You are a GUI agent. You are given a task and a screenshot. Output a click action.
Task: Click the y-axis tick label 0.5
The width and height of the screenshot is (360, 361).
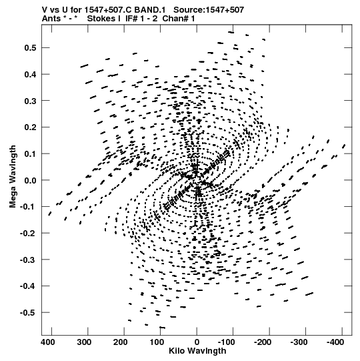(x=30, y=48)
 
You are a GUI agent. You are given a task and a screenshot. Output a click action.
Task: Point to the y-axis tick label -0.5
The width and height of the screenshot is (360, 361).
(x=28, y=313)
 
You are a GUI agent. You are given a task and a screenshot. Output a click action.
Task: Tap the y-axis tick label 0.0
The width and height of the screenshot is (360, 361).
(x=30, y=180)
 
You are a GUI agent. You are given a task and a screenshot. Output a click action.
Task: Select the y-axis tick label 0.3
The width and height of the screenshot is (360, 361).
(x=30, y=101)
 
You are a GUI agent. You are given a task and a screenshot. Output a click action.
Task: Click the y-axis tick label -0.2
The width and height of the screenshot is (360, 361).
(x=28, y=234)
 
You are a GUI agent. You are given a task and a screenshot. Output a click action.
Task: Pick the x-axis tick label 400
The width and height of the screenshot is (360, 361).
(x=48, y=342)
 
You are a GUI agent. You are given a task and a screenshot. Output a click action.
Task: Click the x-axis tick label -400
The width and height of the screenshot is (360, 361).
(x=335, y=342)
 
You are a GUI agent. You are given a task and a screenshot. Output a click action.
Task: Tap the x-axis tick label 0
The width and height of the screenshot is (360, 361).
(x=197, y=342)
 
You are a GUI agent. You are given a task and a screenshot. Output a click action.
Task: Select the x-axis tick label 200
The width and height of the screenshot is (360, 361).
(x=121, y=342)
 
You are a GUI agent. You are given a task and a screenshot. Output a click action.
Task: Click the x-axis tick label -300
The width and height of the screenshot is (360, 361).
(x=299, y=342)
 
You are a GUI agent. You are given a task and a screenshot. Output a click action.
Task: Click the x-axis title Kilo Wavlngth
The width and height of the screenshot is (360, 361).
(x=197, y=351)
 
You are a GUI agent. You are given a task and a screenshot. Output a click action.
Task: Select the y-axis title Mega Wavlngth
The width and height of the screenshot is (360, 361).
(x=13, y=177)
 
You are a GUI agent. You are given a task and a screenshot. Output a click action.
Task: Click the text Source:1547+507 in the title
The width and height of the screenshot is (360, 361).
(x=209, y=10)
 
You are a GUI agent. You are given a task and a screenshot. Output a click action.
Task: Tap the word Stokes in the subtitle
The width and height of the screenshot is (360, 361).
(x=104, y=19)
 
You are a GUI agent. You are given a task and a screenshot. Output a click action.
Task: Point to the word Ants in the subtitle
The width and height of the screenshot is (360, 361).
(x=51, y=19)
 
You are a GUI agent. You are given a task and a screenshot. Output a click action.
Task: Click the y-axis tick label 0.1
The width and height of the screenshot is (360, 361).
(x=30, y=153)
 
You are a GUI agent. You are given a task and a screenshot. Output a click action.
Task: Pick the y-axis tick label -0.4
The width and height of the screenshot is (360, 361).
(x=28, y=286)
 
